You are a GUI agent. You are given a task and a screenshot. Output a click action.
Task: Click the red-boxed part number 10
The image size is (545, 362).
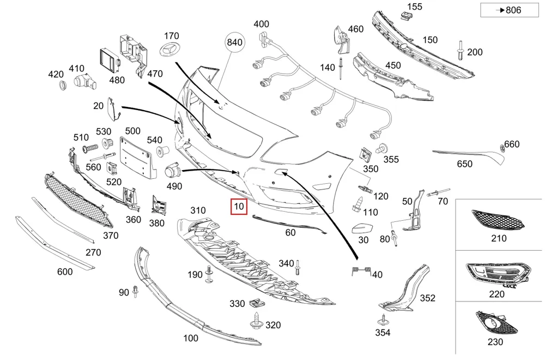(x=239, y=207)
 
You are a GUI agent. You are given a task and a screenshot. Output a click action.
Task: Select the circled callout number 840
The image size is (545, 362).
(x=234, y=43)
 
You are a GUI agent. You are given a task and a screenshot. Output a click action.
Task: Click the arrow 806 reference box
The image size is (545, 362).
(x=510, y=10)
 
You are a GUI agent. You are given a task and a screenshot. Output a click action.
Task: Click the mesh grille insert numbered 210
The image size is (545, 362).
(x=498, y=220)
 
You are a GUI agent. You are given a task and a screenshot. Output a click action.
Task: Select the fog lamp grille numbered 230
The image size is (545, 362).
(x=496, y=322)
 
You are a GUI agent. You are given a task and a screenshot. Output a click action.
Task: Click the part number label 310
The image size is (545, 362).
(x=198, y=210)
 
